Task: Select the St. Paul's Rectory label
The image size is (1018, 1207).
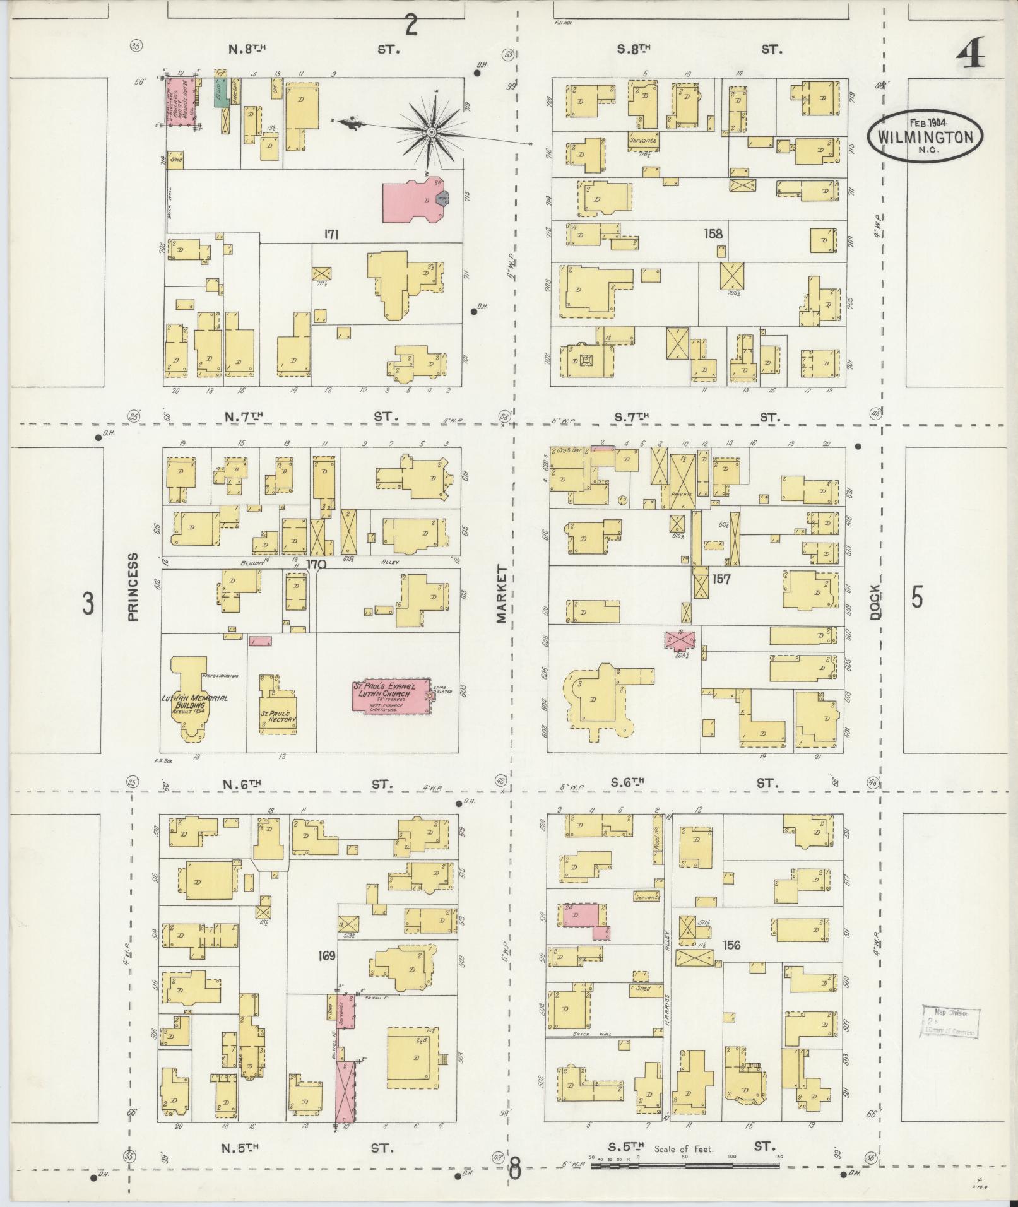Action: pos(278,718)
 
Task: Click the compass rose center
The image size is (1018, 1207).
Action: pos(431,132)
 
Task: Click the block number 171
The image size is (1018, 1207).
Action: pos(331,235)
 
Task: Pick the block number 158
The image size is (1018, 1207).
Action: pos(714,234)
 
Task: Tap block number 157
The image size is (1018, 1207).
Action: pos(721,578)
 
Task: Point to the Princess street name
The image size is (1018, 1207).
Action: pos(133,587)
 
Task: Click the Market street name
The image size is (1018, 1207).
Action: pos(502,594)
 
